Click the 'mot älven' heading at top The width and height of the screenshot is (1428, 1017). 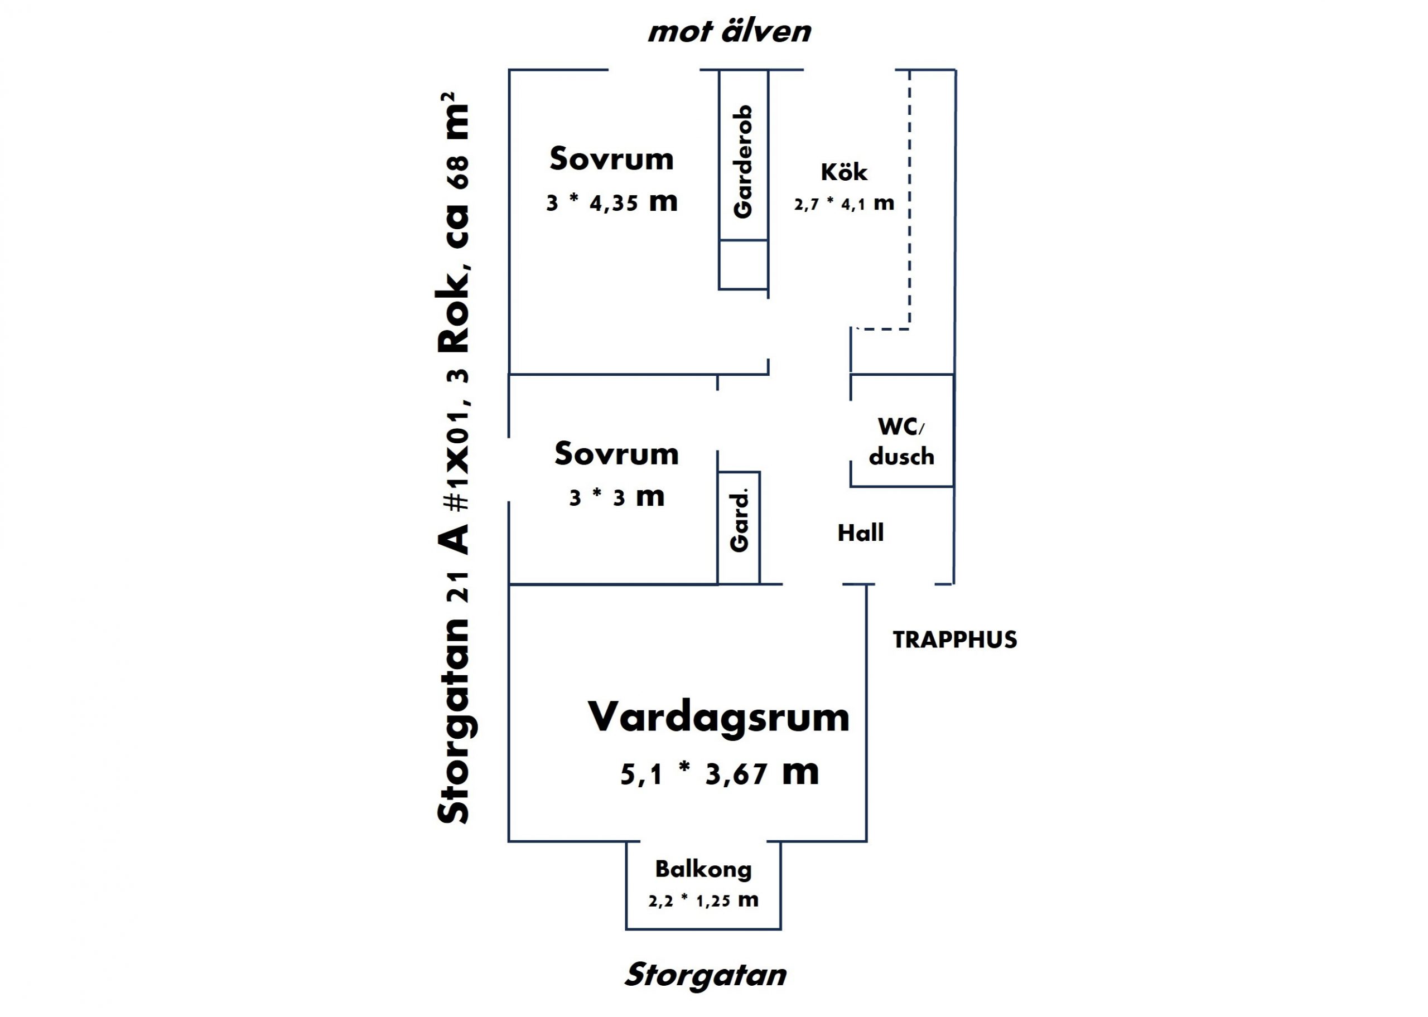tap(729, 31)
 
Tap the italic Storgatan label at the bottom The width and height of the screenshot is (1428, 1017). tap(705, 975)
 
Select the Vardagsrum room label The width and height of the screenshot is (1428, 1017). tap(718, 716)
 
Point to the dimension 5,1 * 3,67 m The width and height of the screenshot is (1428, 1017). tap(719, 774)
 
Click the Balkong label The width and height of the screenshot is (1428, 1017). tap(703, 869)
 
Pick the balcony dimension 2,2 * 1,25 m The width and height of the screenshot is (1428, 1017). tap(703, 900)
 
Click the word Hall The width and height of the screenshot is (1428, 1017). tap(861, 533)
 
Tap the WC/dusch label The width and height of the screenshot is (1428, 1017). tap(901, 441)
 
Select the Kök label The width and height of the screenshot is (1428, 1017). tap(843, 172)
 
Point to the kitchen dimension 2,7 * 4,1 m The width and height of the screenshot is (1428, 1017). tap(843, 204)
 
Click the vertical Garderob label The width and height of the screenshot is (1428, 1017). tap(743, 162)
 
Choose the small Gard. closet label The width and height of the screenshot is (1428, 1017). tap(740, 522)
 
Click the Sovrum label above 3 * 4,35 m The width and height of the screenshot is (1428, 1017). tap(611, 158)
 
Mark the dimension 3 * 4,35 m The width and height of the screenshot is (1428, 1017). tap(611, 202)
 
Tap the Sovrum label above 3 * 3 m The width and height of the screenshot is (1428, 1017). tap(616, 453)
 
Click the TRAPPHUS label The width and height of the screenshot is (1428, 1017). tap(954, 640)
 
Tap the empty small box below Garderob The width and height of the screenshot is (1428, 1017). tap(744, 264)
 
